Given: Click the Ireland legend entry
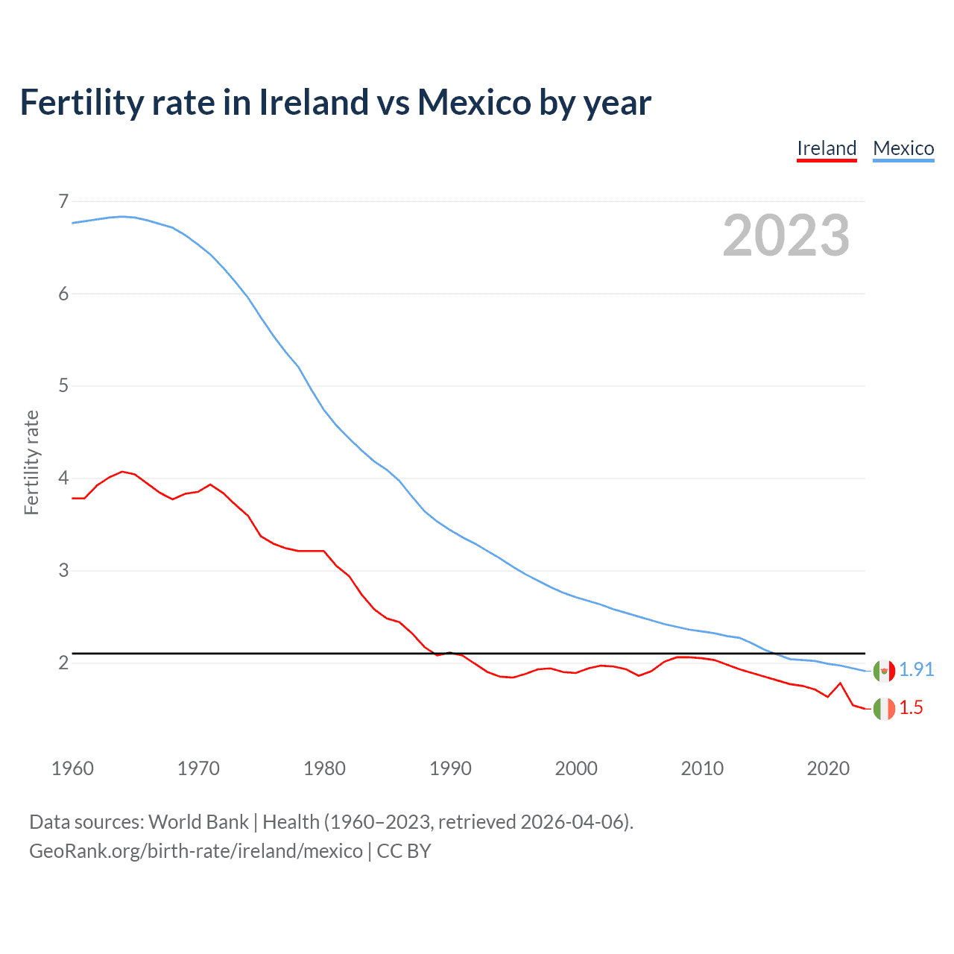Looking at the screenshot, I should [x=827, y=148].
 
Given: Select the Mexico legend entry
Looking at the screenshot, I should [x=903, y=148].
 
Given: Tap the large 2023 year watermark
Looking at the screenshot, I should [x=786, y=236].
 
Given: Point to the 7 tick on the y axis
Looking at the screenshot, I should [x=63, y=201].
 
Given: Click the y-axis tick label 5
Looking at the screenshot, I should [x=63, y=386].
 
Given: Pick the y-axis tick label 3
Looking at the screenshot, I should [x=63, y=570].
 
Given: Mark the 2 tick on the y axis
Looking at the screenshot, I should [x=63, y=663].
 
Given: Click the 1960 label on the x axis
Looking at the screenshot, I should [x=72, y=768].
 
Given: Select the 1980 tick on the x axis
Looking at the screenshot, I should [x=324, y=768].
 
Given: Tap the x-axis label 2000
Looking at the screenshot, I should [x=576, y=768].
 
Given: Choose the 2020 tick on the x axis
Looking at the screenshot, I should [x=828, y=768].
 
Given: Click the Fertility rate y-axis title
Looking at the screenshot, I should [x=31, y=462].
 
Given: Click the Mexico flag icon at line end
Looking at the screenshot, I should [x=884, y=671].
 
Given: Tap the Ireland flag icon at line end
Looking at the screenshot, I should [x=884, y=709].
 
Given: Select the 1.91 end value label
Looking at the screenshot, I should [x=916, y=670].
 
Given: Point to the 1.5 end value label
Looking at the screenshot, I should [x=911, y=708].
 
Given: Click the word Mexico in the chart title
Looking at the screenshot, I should [x=474, y=102].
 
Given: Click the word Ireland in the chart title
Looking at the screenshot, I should [x=314, y=102].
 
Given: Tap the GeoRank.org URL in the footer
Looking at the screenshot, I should [x=195, y=851].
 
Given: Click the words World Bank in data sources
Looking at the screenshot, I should [x=198, y=822].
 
